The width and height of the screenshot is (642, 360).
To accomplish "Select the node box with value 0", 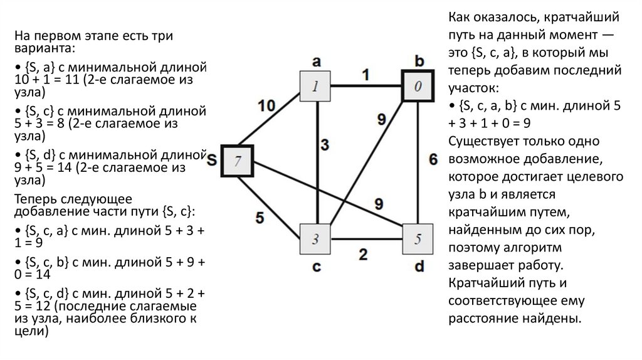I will [418, 85].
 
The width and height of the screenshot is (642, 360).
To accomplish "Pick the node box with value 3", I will [315, 238].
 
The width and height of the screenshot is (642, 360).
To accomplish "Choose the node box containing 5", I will [418, 239].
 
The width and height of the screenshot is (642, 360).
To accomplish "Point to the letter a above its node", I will [316, 61].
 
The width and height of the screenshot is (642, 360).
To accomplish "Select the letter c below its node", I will [316, 267].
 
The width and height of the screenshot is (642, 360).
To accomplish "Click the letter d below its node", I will [419, 267].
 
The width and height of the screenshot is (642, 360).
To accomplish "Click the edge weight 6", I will [433, 159].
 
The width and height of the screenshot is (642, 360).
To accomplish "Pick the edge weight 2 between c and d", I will [363, 254].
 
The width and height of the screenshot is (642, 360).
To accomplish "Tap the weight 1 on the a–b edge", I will [364, 73].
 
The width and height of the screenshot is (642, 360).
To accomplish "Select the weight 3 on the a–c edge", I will [325, 145].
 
